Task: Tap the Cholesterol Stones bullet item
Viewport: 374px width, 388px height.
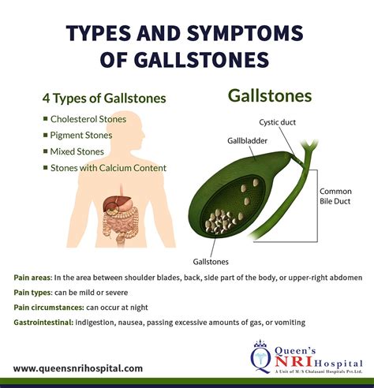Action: point(93,119)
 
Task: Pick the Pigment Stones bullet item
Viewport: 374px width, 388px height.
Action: point(82,135)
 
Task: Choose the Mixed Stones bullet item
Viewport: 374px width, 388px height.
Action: point(79,151)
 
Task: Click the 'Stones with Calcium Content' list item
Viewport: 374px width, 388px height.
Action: point(107,166)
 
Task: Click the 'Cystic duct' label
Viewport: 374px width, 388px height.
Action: point(279,122)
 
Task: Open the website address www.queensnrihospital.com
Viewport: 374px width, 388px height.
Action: point(78,367)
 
